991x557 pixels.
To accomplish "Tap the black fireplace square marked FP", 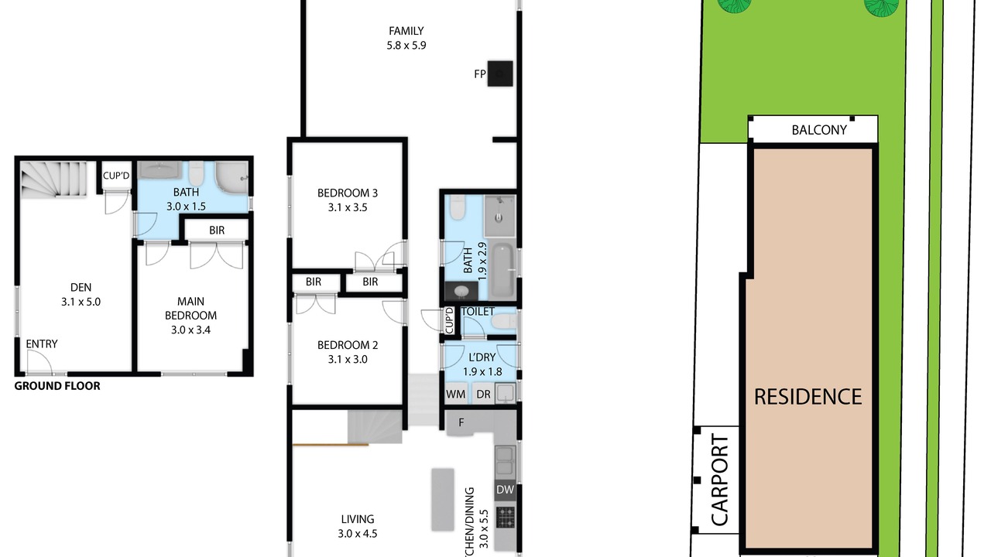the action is coord(500,73).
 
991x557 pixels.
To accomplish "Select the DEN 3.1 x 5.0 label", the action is coord(81,295).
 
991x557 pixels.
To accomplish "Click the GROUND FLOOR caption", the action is coord(57,386).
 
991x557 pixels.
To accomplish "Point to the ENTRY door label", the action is coord(42,344).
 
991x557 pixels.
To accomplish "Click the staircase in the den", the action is coord(58,179).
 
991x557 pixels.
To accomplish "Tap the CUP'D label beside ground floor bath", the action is coord(116,176).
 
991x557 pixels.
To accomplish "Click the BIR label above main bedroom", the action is coord(217,231).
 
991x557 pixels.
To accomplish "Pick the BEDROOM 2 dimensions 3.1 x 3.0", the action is coord(348,360).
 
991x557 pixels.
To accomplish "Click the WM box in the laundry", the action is coord(456,394).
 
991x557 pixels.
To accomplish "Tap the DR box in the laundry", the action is coord(483,394).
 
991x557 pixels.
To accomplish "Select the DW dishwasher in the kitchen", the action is coord(506,490).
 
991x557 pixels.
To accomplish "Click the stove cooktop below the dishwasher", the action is coord(506,518).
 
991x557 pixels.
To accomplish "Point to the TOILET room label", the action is coord(478,312).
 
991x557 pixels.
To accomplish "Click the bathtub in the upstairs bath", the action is coord(502,270).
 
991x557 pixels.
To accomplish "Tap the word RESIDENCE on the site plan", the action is coord(808,397).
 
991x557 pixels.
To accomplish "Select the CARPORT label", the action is coord(720,480).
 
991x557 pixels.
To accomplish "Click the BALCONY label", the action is coord(819,130).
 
